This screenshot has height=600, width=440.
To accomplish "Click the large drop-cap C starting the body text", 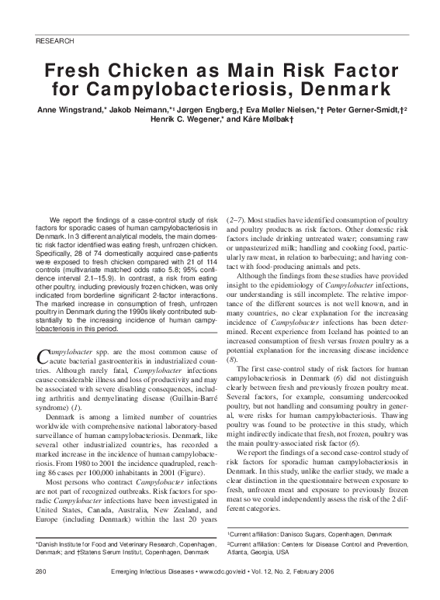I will point(43,357).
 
